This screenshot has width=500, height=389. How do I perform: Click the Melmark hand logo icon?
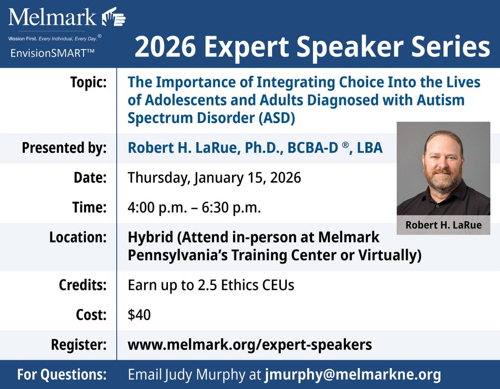(114, 17)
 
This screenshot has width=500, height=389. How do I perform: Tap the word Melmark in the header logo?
(52, 17)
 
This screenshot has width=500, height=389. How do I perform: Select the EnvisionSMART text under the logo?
(52, 53)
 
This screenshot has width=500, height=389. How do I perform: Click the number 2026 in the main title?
(165, 47)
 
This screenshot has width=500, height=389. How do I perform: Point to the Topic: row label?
(88, 82)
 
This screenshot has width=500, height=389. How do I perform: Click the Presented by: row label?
(64, 148)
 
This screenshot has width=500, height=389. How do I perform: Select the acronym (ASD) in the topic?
(277, 118)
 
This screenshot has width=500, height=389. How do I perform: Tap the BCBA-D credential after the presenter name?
(312, 147)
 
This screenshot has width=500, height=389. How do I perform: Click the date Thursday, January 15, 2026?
(214, 178)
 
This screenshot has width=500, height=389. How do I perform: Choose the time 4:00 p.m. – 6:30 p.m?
(194, 207)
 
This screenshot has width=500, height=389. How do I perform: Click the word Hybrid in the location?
(150, 238)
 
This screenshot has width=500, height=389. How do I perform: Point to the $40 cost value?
(139, 315)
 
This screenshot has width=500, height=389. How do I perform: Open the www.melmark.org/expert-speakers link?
(250, 345)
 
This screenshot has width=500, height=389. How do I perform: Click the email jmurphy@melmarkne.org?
(353, 375)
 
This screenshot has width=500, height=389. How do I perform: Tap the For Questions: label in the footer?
(62, 374)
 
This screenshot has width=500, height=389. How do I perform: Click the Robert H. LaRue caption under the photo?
(443, 225)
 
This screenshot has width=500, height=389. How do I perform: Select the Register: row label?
(79, 345)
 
